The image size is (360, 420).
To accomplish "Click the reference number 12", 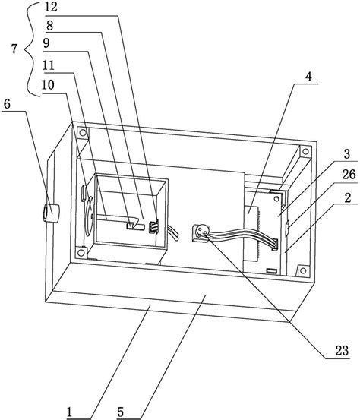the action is tap(51, 7).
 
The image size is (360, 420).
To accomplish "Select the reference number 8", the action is tap(49, 26).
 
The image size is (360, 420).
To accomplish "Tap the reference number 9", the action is tap(46, 43).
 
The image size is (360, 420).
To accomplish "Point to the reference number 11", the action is tap(49, 65).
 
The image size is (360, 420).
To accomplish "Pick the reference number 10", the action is tap(48, 85).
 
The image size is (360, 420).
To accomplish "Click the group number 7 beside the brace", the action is tap(14, 49).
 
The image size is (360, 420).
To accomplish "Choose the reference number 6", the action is tap(7, 104).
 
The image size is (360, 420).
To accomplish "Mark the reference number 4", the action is tap(308, 77).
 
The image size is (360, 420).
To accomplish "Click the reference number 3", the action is tap(347, 154).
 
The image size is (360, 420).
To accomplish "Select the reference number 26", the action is tap(349, 175).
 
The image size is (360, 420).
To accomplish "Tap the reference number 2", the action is tap(347, 198).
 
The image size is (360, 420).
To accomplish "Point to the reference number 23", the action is tap(342, 351).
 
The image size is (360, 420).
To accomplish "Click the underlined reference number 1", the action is tap(70, 412).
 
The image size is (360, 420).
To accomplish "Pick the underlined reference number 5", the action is tap(120, 412).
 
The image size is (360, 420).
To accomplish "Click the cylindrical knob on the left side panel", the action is tap(51, 213).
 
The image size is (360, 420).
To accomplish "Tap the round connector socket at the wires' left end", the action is tap(201, 231).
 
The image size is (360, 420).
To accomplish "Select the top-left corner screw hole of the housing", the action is tap(83, 132).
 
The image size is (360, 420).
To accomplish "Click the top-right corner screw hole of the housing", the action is tap(305, 151).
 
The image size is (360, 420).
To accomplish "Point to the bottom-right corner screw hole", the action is tap(303, 270).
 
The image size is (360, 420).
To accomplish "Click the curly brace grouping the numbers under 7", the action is tap(30, 50).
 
